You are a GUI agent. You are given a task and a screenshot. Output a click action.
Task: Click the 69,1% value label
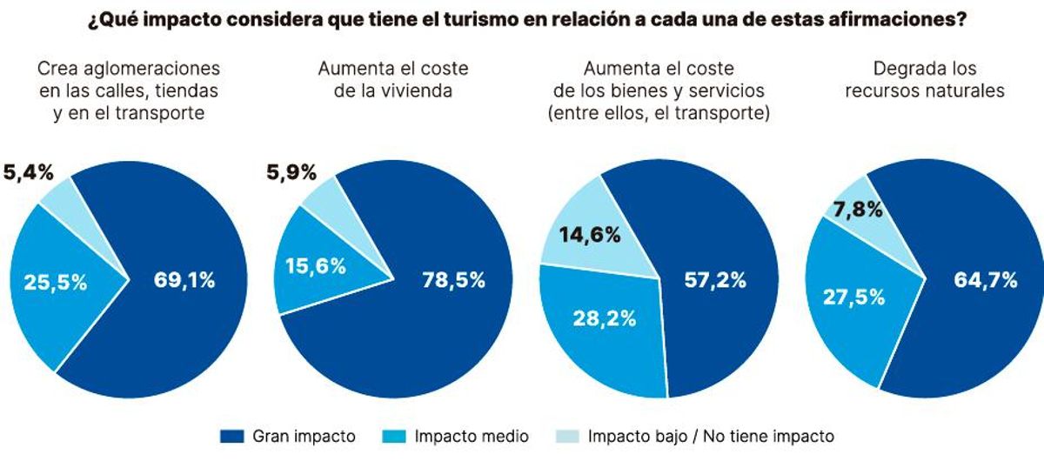coord(184,280)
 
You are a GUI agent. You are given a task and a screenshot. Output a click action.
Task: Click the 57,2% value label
coord(716,280)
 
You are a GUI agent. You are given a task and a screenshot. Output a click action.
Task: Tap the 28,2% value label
coord(605,317)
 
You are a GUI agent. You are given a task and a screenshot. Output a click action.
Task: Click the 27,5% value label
coord(853,296)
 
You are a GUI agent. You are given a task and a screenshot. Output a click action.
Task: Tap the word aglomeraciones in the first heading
coord(167,68)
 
